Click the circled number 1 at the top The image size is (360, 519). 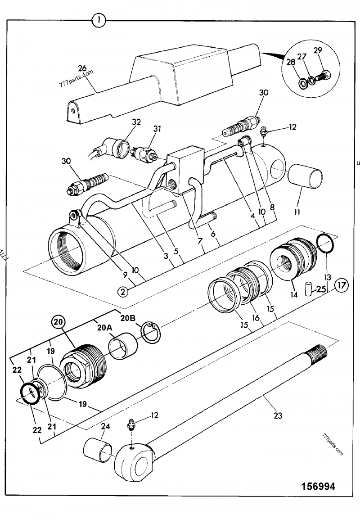(x=99, y=20)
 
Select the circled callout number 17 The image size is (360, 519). (x=342, y=285)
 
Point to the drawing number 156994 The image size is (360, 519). (x=318, y=487)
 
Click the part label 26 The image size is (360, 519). (x=82, y=68)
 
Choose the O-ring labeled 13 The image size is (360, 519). (x=324, y=244)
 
